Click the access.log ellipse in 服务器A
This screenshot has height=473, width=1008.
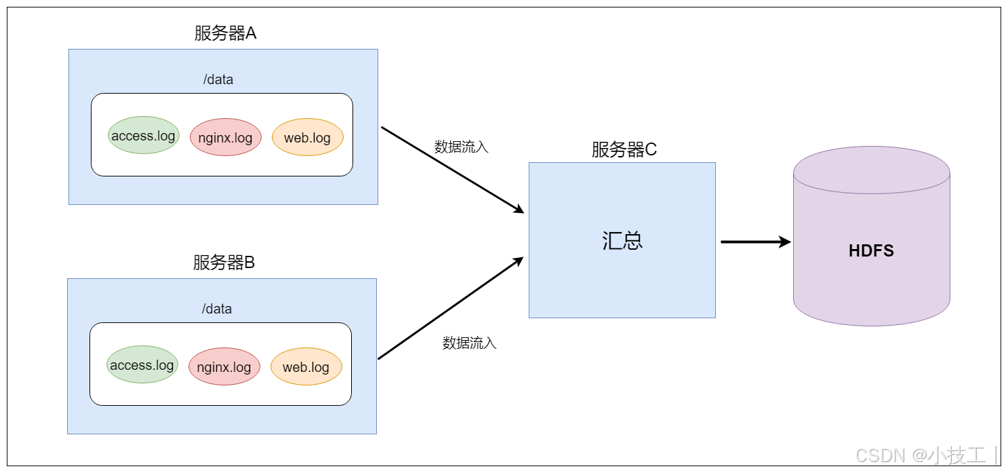click(143, 136)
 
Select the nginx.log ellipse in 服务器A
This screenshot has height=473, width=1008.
click(225, 138)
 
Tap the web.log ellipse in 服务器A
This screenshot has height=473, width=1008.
click(307, 138)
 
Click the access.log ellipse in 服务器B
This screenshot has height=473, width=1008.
click(142, 365)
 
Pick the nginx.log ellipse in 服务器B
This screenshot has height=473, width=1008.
click(224, 367)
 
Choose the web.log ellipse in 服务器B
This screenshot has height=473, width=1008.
click(306, 367)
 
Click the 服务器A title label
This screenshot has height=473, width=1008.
click(224, 34)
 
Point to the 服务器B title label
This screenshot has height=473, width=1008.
click(223, 263)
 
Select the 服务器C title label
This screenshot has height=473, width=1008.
click(624, 150)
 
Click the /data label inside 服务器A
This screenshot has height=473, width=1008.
click(218, 79)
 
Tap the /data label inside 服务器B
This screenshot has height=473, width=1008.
click(217, 309)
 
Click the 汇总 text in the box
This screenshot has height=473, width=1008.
click(622, 241)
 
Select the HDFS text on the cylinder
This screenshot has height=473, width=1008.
click(871, 251)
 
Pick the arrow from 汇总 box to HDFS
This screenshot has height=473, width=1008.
click(754, 242)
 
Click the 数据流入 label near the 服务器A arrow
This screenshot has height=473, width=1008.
click(461, 147)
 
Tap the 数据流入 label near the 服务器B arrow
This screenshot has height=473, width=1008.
click(469, 343)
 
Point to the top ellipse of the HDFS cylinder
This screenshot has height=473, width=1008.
click(871, 170)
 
